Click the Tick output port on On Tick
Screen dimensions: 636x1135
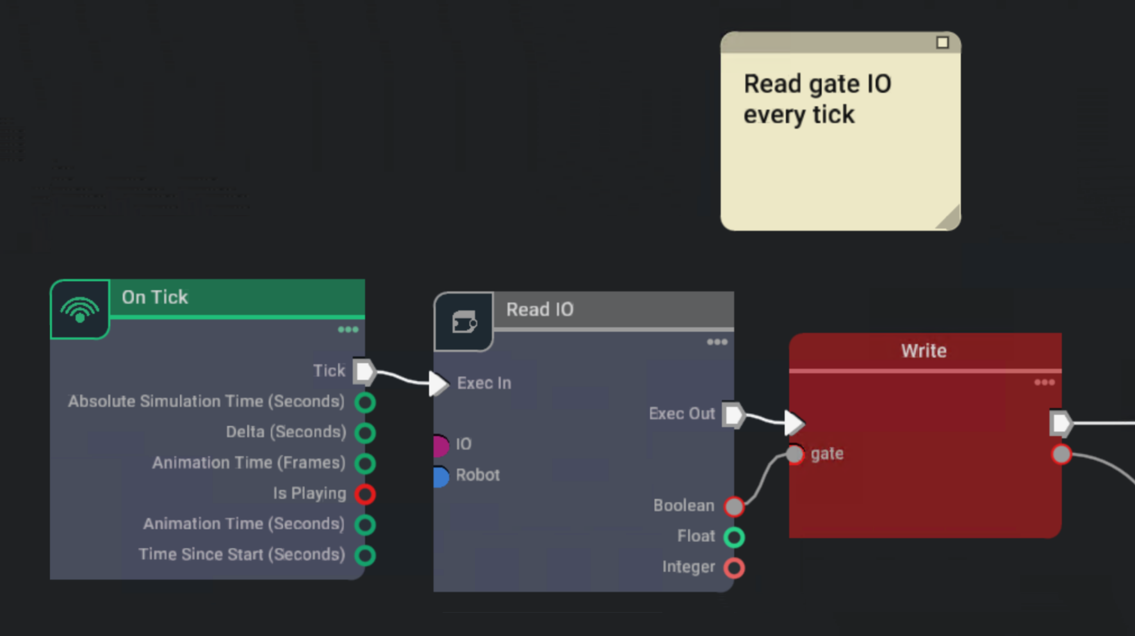[x=364, y=371]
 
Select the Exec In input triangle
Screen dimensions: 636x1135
[x=439, y=383]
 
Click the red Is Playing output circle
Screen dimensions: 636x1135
[x=365, y=494]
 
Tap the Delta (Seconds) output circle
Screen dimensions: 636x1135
[x=365, y=433]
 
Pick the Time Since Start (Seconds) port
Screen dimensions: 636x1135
[x=365, y=555]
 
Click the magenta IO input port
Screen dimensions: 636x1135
[x=441, y=444]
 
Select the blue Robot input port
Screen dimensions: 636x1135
[x=441, y=476]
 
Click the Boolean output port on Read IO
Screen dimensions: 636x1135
[x=734, y=507]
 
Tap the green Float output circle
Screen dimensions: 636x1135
[x=734, y=537]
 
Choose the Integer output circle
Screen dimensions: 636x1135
[x=734, y=567]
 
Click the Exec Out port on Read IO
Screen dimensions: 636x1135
[x=733, y=414]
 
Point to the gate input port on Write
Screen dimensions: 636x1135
[x=794, y=454]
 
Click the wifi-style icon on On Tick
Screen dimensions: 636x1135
[x=79, y=310]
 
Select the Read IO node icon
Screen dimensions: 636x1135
[x=464, y=322]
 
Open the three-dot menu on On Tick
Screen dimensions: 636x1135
[x=348, y=330]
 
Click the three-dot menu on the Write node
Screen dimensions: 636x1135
[x=1044, y=382]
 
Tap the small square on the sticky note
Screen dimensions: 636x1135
[x=942, y=42]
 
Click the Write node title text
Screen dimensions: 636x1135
[x=924, y=351]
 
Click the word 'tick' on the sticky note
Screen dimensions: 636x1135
[x=833, y=115]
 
